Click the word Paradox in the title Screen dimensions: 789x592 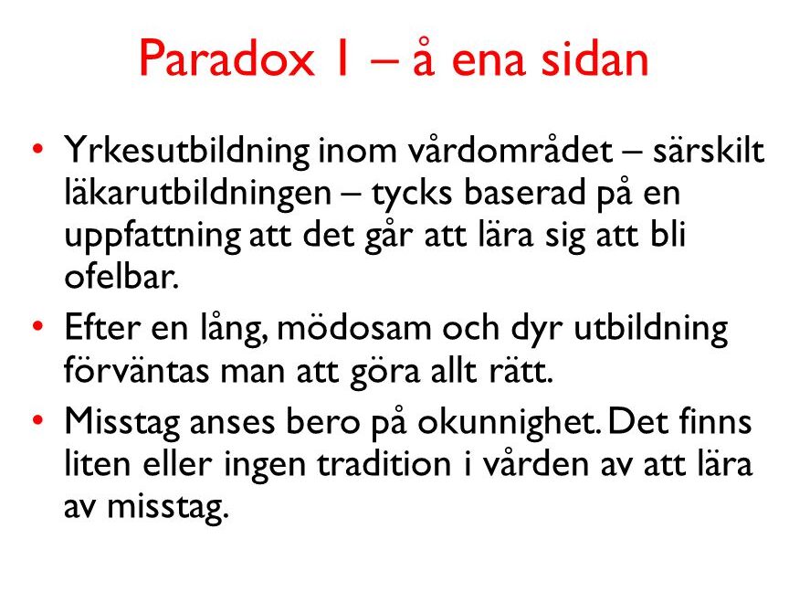click(226, 58)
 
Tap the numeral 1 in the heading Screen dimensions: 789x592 click(343, 58)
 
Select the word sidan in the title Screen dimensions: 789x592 click(594, 58)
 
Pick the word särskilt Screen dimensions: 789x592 click(709, 150)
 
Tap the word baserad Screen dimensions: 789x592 click(524, 192)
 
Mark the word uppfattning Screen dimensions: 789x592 click(153, 237)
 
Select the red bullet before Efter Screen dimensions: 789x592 click(37, 326)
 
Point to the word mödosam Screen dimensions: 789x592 click(354, 328)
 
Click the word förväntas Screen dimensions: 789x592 click(136, 370)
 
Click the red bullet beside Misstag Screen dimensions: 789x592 click(37, 419)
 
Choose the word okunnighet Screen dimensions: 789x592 click(510, 423)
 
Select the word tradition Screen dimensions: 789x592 click(384, 463)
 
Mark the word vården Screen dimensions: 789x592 click(536, 462)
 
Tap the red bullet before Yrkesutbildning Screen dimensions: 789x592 click(37, 149)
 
